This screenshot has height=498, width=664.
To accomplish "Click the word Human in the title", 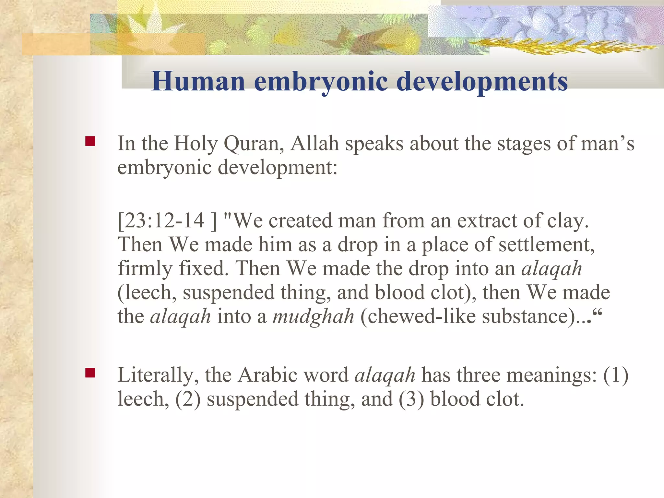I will click(198, 81).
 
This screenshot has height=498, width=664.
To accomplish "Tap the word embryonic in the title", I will click(321, 82).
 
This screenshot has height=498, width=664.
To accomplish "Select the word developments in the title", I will click(482, 82).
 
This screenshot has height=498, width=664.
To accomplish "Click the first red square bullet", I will click(90, 141).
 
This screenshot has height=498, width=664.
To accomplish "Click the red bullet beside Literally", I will click(90, 373).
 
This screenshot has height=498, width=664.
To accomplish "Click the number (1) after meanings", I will click(615, 376).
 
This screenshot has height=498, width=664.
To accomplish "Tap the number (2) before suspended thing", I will click(188, 399).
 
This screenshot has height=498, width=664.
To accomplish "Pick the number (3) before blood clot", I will click(411, 399).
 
